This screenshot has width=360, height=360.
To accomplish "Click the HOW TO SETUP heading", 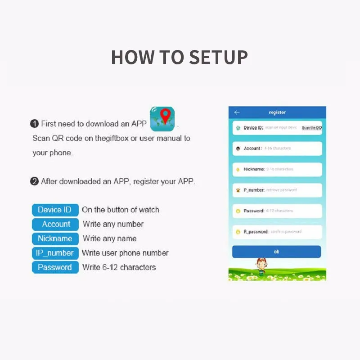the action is [180, 58].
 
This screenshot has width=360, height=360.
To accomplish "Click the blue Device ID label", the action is [55, 210].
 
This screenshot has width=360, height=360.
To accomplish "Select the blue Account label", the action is [56, 224].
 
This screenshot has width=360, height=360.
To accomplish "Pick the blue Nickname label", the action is [55, 238].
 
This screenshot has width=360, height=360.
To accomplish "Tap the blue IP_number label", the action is [55, 253].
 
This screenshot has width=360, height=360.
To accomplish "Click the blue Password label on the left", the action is [55, 267].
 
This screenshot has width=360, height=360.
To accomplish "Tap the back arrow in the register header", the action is [237, 112].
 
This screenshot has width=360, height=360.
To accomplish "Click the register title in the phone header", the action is [277, 112].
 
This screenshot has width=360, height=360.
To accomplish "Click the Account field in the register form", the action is [277, 148].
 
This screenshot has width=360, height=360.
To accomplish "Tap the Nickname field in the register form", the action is [277, 169].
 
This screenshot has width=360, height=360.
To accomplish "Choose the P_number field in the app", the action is [277, 190].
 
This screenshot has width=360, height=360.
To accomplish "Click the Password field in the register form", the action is [277, 211].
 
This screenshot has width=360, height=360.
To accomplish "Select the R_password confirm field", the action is [277, 232].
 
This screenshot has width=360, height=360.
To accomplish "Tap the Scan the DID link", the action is [311, 128].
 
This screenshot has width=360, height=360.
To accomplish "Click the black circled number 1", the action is [35, 124].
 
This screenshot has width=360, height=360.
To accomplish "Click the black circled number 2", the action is [35, 182].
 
